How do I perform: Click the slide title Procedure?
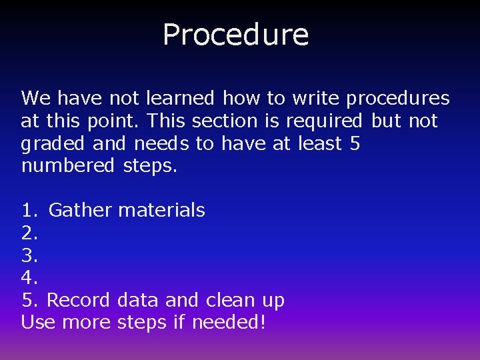click(x=235, y=35)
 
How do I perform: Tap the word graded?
click(x=54, y=144)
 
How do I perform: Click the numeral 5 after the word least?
click(x=354, y=143)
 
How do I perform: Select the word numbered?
click(x=68, y=166)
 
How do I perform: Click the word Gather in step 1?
click(x=81, y=211)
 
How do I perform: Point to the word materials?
click(x=161, y=211)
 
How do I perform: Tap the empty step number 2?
click(x=29, y=233)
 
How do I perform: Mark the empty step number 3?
click(x=29, y=255)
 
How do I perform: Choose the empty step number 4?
click(x=29, y=278)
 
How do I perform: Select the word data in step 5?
click(x=137, y=300)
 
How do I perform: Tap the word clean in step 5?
click(x=230, y=300)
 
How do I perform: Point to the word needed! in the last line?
click(x=229, y=323)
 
